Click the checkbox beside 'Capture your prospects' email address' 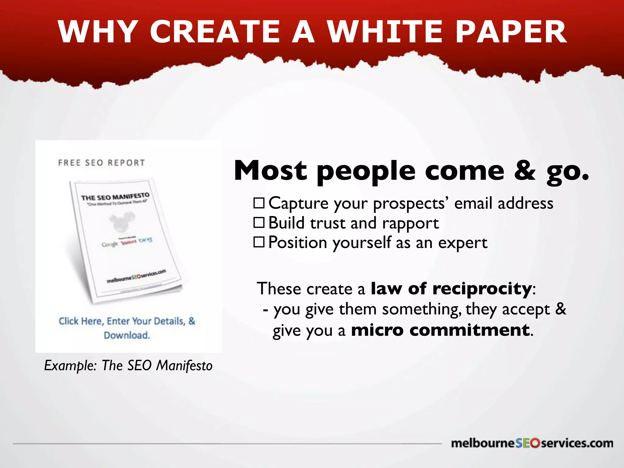(259, 203)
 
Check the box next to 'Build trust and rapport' (259, 223)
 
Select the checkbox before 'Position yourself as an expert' (259, 242)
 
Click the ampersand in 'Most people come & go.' (524, 171)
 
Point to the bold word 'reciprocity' (482, 288)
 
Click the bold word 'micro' (377, 330)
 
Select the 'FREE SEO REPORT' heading (101, 163)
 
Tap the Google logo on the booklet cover (109, 244)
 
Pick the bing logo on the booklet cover (145, 240)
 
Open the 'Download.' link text (127, 335)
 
